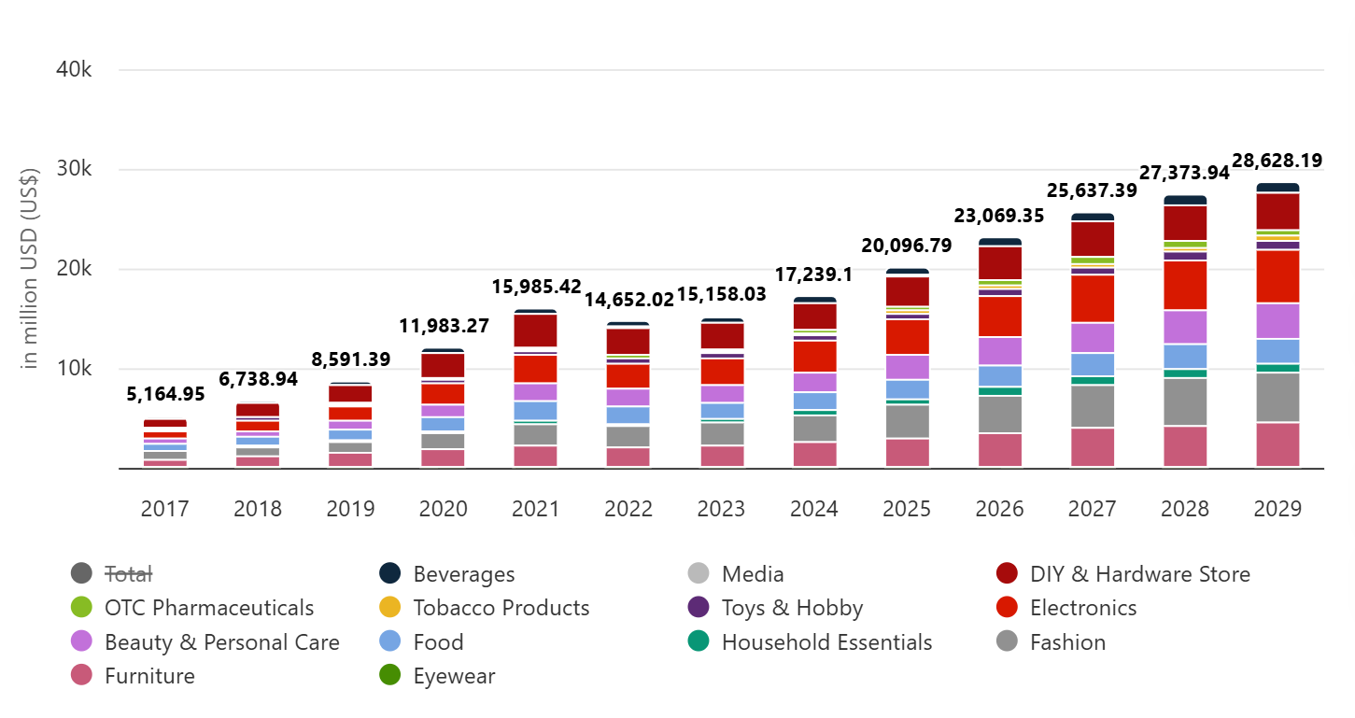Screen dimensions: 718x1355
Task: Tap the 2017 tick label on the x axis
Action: tap(164, 509)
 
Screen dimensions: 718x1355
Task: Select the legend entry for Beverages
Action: tap(463, 574)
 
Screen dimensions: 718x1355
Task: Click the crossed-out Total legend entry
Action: tap(128, 574)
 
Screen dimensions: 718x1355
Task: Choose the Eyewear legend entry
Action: tap(454, 676)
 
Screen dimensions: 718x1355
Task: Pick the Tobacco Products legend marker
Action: tap(390, 608)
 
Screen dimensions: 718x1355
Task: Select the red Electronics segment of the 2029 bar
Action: tap(1277, 276)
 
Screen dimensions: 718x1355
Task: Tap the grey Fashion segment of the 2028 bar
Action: tap(1185, 401)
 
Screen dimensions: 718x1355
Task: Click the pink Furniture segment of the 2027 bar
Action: tap(1093, 447)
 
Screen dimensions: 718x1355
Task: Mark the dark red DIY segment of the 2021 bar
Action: tap(535, 331)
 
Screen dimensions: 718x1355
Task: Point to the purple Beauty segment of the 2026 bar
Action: tap(1000, 350)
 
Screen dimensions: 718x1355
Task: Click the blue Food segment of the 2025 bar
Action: tap(908, 389)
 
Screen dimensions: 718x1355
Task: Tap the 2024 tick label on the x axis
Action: tap(813, 509)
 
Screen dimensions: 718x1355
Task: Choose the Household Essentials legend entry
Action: tap(826, 642)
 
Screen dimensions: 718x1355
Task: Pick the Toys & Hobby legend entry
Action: tap(792, 608)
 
